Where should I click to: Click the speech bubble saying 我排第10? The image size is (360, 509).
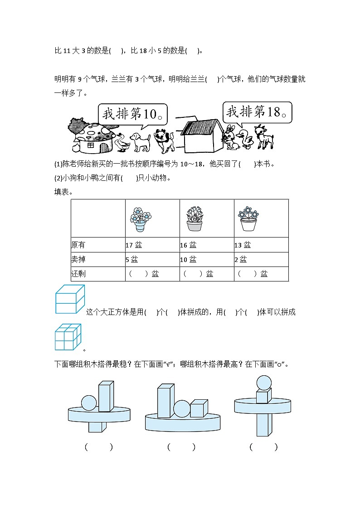[132, 114]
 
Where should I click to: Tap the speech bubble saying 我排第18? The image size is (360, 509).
[257, 112]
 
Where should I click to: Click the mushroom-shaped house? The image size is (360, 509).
[91, 136]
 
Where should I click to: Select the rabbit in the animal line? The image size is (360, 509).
[232, 137]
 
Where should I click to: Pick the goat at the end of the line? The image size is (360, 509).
[264, 136]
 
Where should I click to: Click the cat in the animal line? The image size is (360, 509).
[164, 140]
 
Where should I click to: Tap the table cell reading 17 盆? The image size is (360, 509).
[134, 245]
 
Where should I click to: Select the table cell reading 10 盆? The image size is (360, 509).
[188, 260]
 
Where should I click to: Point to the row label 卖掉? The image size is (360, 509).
[78, 260]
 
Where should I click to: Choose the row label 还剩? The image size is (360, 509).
[78, 274]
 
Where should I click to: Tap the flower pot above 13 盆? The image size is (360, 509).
[248, 219]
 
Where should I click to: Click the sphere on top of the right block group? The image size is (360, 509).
[264, 383]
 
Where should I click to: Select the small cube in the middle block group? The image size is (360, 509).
[199, 408]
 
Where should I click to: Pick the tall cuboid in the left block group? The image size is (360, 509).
[106, 396]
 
